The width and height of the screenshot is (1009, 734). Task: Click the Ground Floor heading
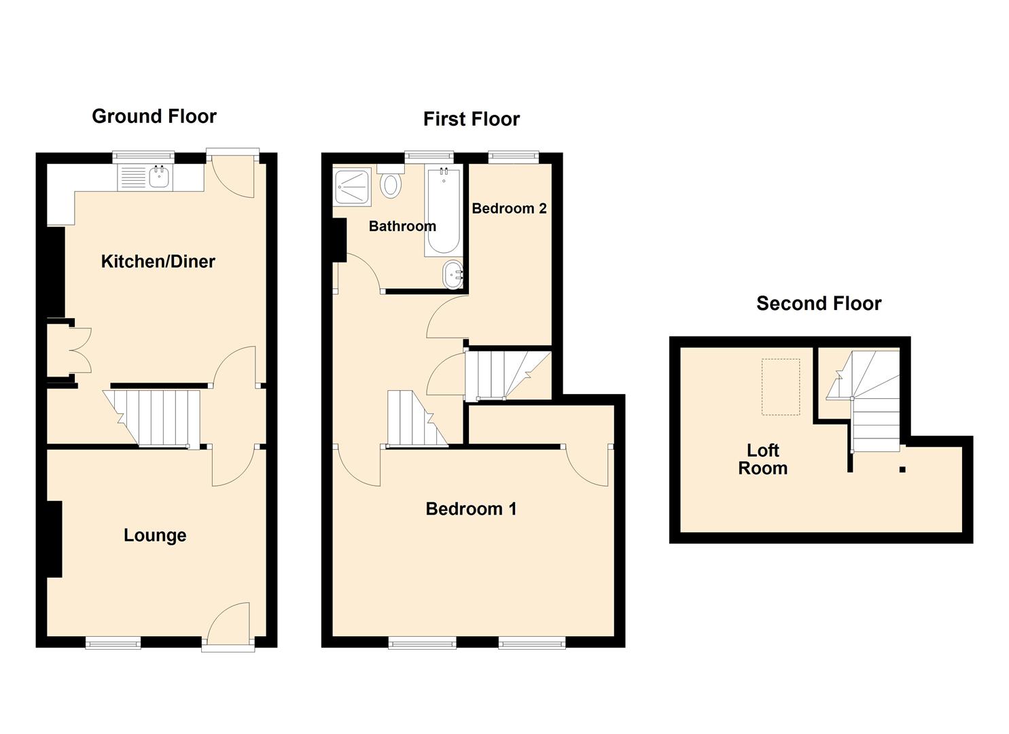click(154, 116)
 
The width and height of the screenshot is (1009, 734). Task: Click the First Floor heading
click(471, 119)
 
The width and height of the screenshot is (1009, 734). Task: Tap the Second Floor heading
click(819, 303)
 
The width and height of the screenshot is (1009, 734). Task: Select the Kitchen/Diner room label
click(158, 262)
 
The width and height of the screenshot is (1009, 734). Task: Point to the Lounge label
click(155, 536)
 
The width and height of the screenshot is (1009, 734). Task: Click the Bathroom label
click(402, 226)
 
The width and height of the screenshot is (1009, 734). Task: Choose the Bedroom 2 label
click(509, 209)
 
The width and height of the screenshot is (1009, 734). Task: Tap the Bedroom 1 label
click(471, 508)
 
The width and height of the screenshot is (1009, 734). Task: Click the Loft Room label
click(762, 459)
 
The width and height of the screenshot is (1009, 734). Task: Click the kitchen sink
click(159, 178)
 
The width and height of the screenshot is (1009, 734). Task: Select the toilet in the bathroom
click(390, 183)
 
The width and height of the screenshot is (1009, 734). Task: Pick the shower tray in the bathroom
click(352, 187)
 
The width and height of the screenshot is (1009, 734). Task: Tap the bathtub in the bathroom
click(443, 212)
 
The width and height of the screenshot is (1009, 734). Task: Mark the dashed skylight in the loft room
click(780, 387)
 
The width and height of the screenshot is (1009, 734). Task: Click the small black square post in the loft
click(902, 469)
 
